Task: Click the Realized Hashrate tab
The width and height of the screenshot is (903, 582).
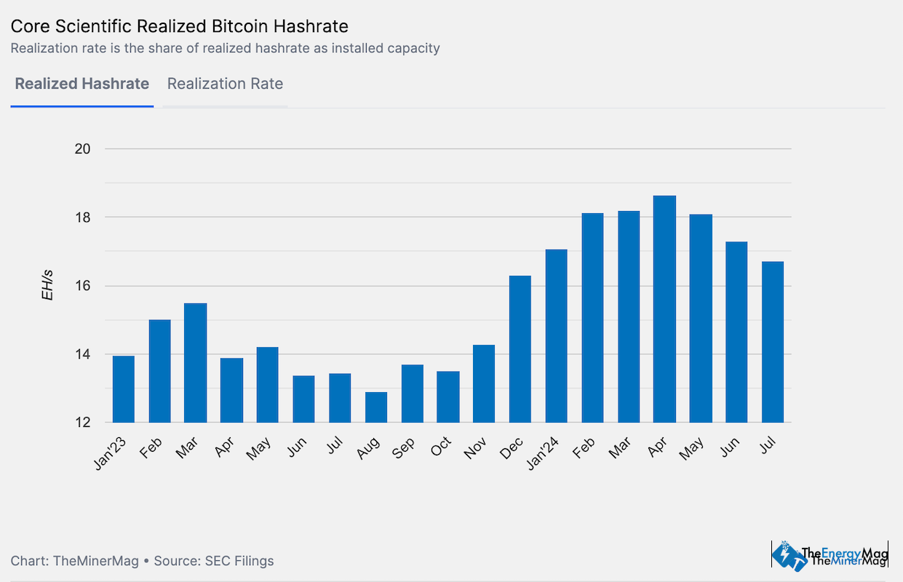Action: pos(81,84)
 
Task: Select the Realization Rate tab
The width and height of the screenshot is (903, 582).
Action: pos(225,84)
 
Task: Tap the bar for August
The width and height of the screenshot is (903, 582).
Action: pos(376,407)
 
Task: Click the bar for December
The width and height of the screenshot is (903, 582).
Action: pos(520,349)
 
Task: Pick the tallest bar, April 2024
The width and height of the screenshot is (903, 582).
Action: pos(664,309)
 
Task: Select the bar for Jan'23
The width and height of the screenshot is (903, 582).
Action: pos(124,389)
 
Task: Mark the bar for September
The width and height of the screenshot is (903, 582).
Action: pos(412,394)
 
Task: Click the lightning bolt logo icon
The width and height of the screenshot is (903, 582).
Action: pos(785,555)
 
